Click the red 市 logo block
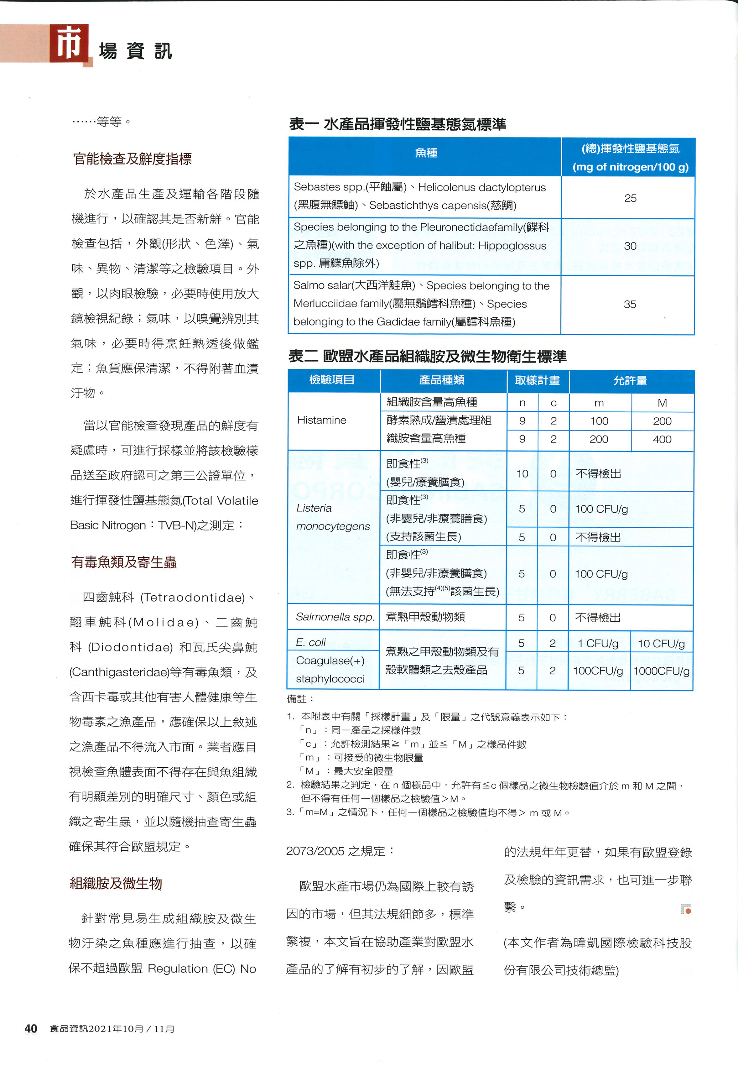[69, 44]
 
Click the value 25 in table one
[630, 198]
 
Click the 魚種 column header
[426, 153]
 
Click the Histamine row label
[321, 420]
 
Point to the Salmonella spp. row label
[335, 617]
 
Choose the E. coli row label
[311, 642]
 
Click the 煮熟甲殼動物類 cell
[425, 617]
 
